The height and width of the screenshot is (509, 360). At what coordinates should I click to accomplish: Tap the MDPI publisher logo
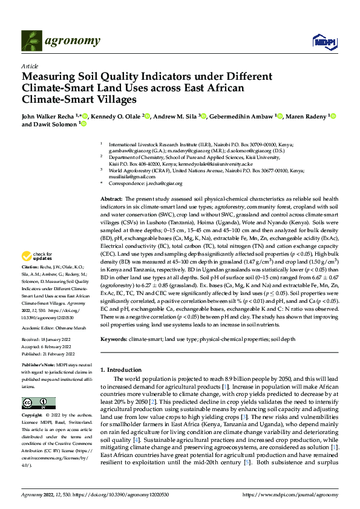321,41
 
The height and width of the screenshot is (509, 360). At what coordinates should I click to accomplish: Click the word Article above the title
29,65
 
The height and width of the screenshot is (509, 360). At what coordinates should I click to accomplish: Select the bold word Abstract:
111,199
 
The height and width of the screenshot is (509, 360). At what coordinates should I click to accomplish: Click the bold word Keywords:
113,341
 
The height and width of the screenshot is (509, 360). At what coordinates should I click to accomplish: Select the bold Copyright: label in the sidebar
33,416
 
